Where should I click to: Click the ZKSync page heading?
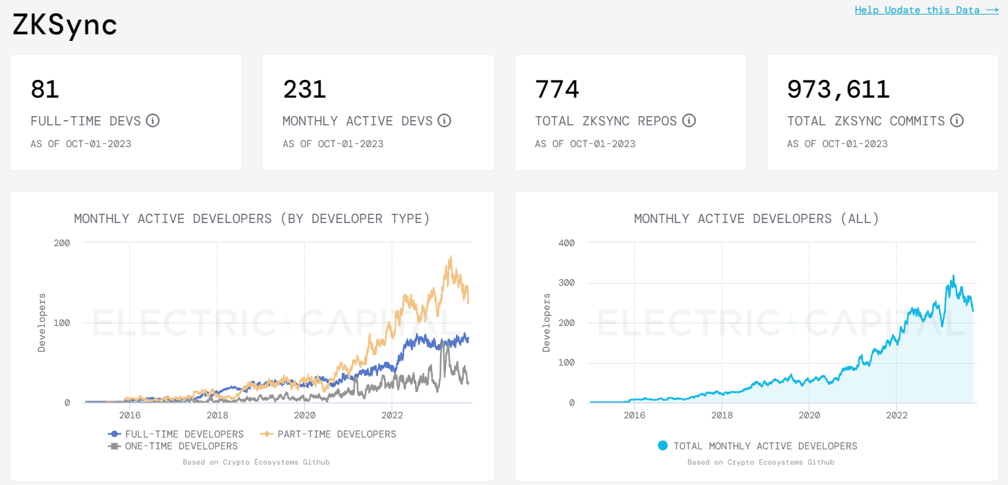[65, 25]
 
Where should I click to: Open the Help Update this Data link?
[926, 10]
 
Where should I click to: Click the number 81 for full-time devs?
[45, 89]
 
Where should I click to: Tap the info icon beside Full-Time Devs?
[153, 121]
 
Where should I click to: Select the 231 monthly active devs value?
[304, 89]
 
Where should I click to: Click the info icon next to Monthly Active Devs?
[445, 121]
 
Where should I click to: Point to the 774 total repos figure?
[557, 89]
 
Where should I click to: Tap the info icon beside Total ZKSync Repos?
[689, 121]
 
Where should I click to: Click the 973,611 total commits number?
[838, 89]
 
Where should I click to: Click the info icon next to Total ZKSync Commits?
[957, 121]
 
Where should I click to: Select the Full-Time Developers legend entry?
[176, 434]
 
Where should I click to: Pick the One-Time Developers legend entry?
[173, 446]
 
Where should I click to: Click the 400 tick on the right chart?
[567, 243]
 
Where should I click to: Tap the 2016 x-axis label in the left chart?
[129, 415]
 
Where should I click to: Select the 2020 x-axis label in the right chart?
[809, 415]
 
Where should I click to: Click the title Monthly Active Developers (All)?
[756, 218]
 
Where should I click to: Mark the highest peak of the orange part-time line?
[451, 257]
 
